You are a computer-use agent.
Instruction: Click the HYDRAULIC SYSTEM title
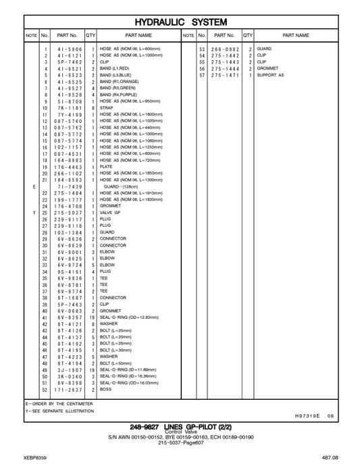[180, 22]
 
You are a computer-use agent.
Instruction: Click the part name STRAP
[107, 107]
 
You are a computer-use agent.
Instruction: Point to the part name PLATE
[107, 166]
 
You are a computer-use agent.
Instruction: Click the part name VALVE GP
[111, 212]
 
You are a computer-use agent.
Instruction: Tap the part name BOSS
[106, 390]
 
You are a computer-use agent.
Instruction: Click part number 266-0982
[224, 49]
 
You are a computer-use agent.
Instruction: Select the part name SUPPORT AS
[271, 75]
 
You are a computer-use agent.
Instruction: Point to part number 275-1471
[224, 75]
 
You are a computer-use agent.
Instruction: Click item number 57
[201, 75]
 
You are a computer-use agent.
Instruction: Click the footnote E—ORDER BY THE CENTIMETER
[58, 403]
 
